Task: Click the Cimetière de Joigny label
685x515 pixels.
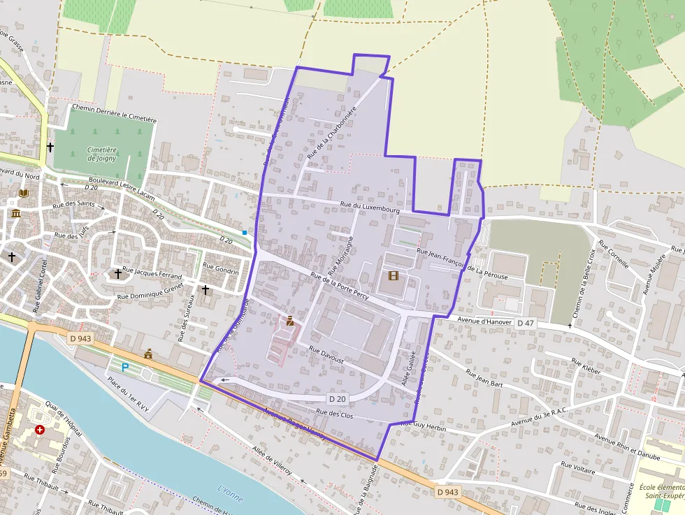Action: click(x=102, y=154)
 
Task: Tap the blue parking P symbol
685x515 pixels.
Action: click(x=125, y=367)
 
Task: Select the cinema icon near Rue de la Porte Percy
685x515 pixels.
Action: click(x=393, y=276)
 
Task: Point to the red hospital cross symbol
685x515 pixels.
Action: click(x=40, y=429)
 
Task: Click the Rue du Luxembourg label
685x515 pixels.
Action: click(x=370, y=207)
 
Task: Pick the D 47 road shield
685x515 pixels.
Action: click(x=526, y=324)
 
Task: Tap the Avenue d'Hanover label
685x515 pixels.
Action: click(x=486, y=320)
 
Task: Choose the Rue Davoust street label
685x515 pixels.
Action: click(x=327, y=356)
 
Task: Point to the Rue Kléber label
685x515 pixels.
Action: click(x=586, y=367)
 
